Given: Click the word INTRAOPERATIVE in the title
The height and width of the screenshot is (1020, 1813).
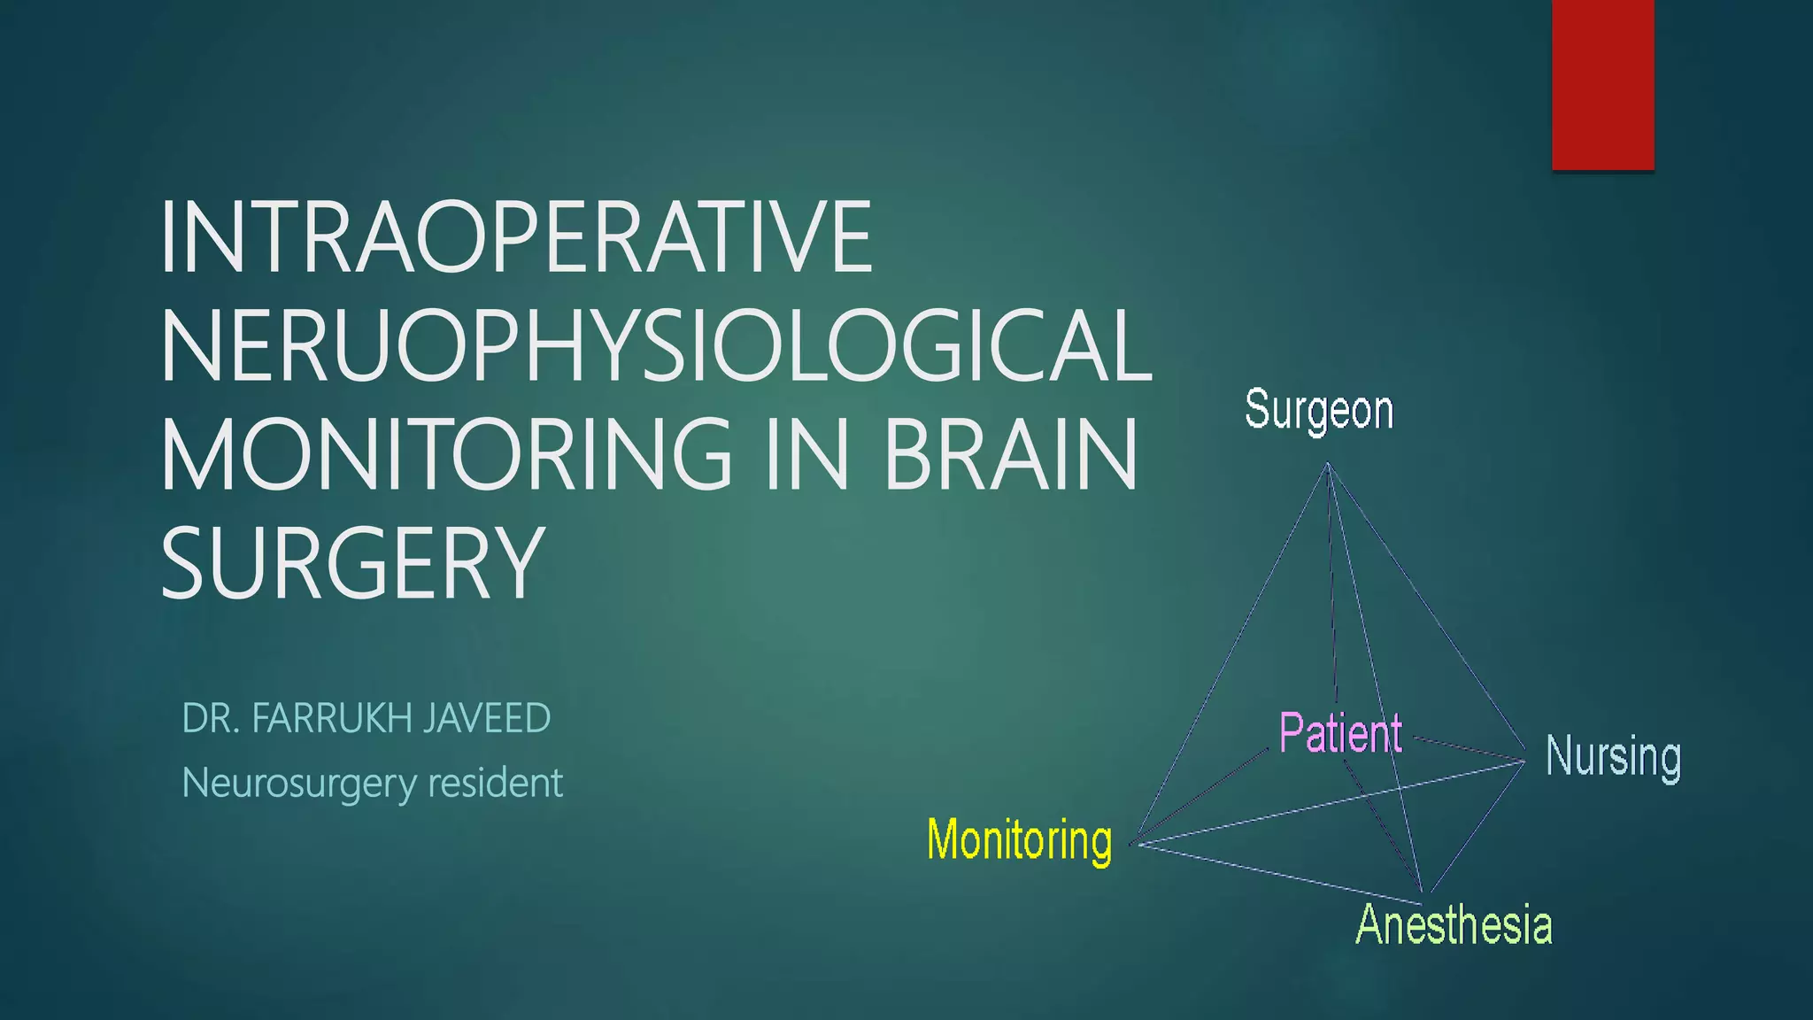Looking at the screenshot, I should click(516, 237).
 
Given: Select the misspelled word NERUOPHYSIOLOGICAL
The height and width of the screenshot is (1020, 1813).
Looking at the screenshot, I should click(656, 346).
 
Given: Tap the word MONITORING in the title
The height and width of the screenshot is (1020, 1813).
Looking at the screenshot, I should click(446, 454).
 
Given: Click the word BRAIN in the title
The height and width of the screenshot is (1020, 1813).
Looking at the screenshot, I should click(1010, 454).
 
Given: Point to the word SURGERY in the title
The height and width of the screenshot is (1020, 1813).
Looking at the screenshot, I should click(351, 563).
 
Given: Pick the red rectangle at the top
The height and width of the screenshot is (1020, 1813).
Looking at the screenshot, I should click(1602, 84).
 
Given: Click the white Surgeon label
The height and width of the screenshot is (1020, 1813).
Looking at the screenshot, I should click(1319, 411).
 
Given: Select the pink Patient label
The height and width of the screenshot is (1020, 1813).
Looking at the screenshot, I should click(1340, 733).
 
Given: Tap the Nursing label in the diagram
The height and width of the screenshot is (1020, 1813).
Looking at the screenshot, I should click(1613, 757).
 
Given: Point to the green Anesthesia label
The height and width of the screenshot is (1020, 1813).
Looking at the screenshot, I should click(1454, 924).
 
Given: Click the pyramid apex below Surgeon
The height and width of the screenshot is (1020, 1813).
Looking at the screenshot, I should click(1328, 464).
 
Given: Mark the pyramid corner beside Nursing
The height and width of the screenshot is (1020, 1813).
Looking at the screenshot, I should click(1524, 760).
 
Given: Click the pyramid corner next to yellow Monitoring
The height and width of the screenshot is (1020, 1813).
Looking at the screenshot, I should click(1136, 844).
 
